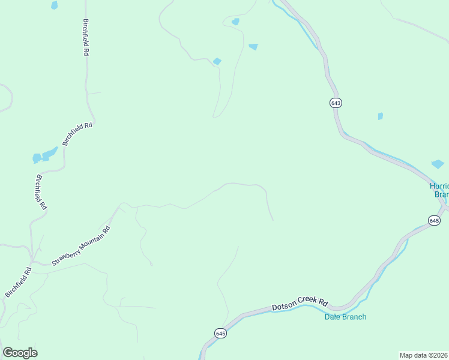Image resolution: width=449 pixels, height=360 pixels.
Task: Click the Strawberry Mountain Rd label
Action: click(x=81, y=245)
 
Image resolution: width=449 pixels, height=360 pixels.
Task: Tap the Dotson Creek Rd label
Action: click(x=300, y=304)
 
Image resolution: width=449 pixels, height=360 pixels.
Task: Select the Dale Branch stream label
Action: click(x=346, y=317)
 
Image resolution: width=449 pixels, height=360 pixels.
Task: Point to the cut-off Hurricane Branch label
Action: click(x=441, y=190)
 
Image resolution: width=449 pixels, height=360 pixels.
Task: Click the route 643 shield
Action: click(x=336, y=103)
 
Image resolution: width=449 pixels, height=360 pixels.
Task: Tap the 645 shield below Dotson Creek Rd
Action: click(x=221, y=333)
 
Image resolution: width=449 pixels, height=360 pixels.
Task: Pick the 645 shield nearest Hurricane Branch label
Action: click(x=435, y=221)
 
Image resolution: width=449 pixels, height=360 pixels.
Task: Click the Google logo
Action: click(x=20, y=353)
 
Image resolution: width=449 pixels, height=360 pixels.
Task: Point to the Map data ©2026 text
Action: click(x=423, y=355)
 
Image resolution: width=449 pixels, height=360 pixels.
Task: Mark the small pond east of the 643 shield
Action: click(x=380, y=116)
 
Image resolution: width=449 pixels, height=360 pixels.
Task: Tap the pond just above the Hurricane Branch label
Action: click(x=438, y=164)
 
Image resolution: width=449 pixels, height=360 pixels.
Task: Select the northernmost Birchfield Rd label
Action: click(x=85, y=37)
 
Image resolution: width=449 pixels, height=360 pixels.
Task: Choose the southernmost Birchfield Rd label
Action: click(x=18, y=282)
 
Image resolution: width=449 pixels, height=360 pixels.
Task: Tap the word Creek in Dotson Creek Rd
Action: click(x=304, y=303)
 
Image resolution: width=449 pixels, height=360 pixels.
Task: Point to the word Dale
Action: click(x=334, y=317)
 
